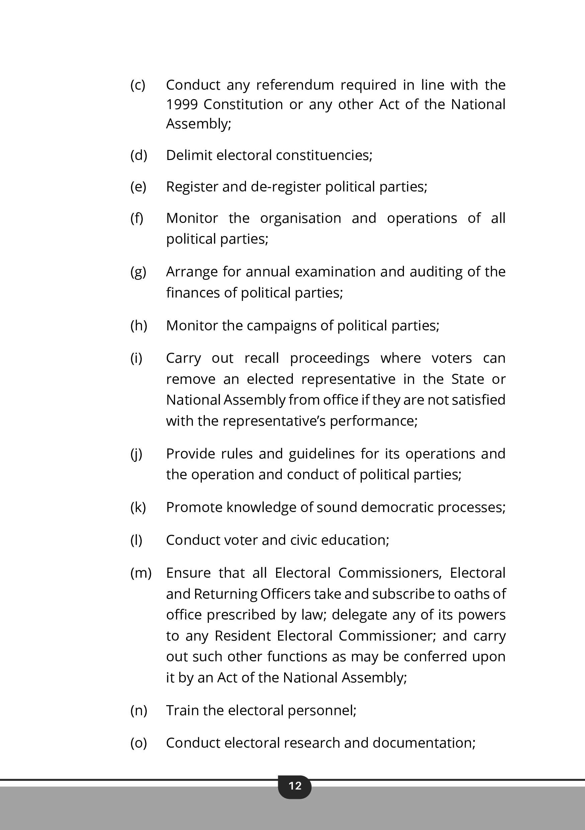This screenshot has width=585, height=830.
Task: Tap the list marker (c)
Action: pos(138,85)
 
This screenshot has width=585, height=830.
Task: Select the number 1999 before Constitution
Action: pos(182,104)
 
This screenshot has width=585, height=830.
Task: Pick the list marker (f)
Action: pos(137,218)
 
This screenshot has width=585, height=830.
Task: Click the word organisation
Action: pos(301,218)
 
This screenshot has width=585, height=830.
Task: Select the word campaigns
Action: pos(281,326)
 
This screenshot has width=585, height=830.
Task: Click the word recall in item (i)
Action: pos(261,358)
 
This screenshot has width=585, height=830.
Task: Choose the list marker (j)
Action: pos(136,454)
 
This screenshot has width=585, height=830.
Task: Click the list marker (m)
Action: pos(141,573)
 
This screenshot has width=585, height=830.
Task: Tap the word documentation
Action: pos(424,743)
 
